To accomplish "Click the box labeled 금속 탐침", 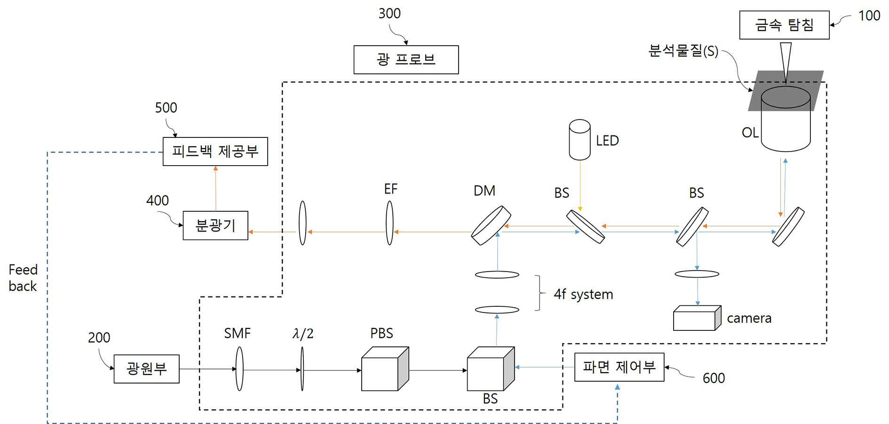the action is coord(784,25).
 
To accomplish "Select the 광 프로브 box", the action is coord(406,60).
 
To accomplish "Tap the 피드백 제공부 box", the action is coord(215,152).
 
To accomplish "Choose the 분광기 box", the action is coord(215,225).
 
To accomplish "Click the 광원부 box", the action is coord(146,369).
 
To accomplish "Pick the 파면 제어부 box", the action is coord(619,367).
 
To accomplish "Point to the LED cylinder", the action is coord(579,140).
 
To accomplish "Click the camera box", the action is coord(697,318).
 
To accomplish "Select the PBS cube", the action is coord(385,369).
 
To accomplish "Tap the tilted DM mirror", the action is coord(491,225).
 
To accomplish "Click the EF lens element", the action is coord(389,223).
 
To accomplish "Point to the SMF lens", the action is coord(239,369).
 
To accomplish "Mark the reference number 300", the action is coord(389,14).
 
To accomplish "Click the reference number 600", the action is coord(714,378).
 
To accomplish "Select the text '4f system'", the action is coord(583,295).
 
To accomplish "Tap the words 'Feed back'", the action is coord(23,278).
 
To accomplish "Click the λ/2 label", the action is coord(303,334).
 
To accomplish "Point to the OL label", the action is coord(750,133).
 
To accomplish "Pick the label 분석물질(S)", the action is coord(683,51).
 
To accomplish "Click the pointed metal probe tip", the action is coord(786,82).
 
